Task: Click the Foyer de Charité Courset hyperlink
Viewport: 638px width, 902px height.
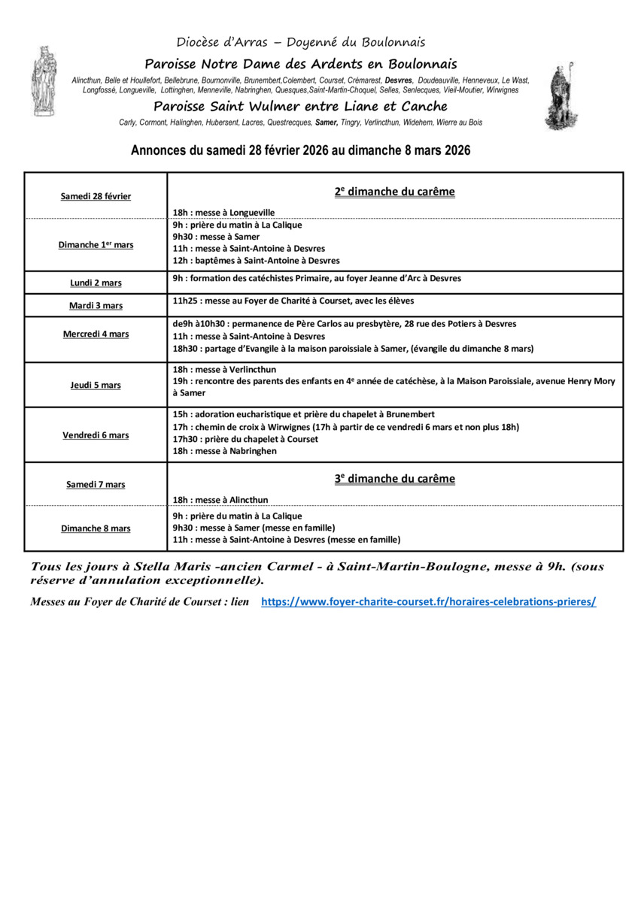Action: tap(428, 602)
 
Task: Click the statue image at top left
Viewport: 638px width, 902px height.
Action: tap(43, 81)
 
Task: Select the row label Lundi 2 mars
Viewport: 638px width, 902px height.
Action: tap(96, 283)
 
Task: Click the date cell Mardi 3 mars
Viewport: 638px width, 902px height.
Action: tap(96, 306)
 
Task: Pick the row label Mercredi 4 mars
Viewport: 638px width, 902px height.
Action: tap(96, 334)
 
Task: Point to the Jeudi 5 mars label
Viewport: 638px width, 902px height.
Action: tap(96, 386)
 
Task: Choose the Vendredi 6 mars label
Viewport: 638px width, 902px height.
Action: tap(96, 435)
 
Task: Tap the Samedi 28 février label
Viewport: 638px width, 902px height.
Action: tap(96, 196)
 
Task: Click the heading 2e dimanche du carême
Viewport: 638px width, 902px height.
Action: tap(394, 192)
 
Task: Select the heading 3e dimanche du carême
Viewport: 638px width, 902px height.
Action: tap(394, 479)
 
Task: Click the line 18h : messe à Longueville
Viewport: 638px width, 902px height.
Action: tap(223, 213)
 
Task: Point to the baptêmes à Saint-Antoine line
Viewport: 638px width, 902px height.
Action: tap(256, 261)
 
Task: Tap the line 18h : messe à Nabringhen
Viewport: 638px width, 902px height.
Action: tap(224, 451)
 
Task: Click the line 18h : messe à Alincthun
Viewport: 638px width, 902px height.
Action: tap(220, 500)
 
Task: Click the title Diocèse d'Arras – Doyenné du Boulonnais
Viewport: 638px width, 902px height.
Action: tap(301, 42)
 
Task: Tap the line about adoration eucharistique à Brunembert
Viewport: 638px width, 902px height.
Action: tap(303, 414)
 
